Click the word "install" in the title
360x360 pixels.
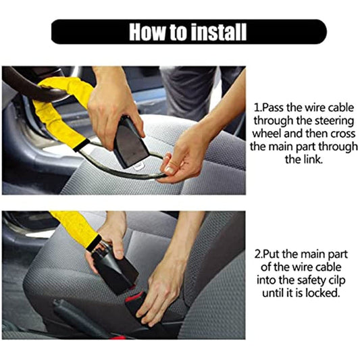tap(216, 32)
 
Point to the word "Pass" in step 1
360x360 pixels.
tap(276, 107)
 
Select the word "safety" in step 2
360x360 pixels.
tap(301, 280)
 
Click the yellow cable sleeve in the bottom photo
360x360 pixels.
tap(74, 226)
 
